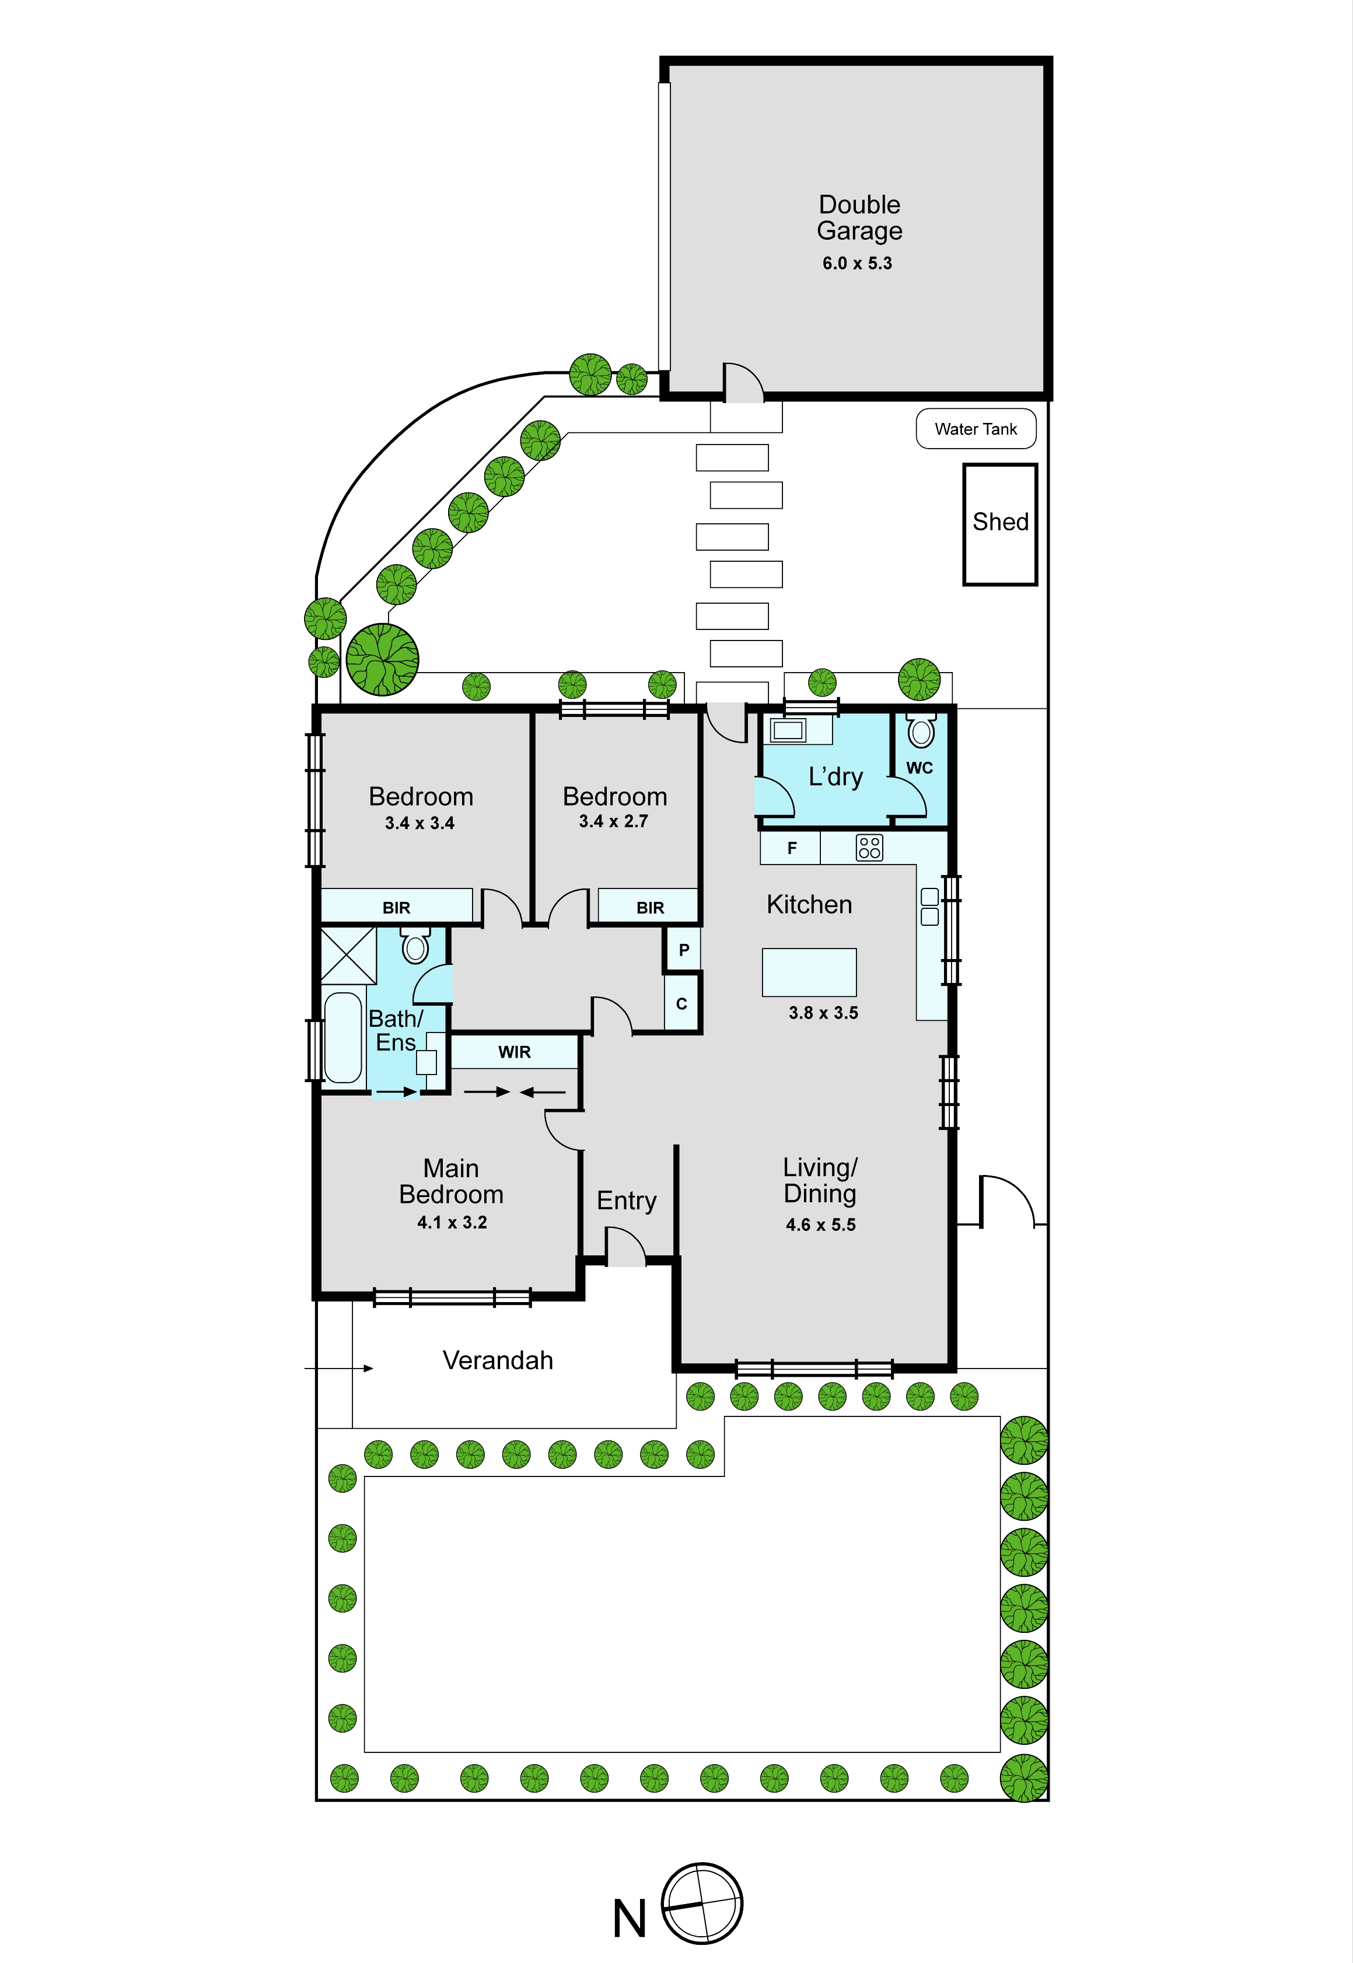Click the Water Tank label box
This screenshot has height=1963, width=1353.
(976, 429)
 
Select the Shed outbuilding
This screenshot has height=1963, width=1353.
(1001, 524)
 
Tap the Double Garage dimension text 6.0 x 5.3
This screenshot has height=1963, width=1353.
(857, 264)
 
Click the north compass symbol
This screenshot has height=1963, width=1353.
(702, 1903)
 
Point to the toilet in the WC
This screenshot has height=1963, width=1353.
(921, 730)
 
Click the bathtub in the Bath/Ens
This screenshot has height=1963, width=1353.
(343, 1037)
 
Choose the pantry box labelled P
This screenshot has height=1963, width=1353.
(683, 949)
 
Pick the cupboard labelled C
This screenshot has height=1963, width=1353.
(681, 1003)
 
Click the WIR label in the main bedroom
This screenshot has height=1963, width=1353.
(515, 1052)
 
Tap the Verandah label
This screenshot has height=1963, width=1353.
(498, 1360)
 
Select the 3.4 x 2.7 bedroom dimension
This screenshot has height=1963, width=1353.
(614, 821)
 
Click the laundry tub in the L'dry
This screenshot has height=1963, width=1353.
(788, 730)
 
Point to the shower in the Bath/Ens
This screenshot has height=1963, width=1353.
(348, 955)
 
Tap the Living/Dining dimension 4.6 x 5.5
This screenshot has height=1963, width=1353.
(821, 1224)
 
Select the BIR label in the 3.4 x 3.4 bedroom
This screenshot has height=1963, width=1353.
(396, 908)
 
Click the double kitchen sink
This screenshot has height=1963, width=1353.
(929, 906)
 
